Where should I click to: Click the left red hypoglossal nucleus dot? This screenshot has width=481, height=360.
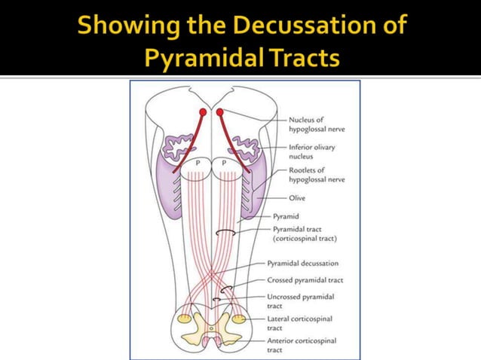[203, 112]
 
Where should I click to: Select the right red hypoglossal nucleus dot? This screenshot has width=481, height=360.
[219, 112]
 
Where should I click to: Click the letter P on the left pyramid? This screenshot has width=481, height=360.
[198, 163]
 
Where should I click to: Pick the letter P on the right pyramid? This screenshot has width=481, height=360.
[224, 163]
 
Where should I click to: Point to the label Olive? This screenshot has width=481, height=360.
[297, 198]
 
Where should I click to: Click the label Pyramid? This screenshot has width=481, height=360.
[286, 217]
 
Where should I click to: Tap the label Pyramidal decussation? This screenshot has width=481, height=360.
[303, 264]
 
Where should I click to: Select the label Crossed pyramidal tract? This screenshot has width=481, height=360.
[305, 280]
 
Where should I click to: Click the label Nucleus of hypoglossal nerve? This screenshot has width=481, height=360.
[317, 124]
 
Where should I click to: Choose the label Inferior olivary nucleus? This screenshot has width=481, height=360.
[312, 151]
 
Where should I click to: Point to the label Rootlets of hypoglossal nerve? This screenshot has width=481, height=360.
[317, 175]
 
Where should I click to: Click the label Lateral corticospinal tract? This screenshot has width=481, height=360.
[300, 323]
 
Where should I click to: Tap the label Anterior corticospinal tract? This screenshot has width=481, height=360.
[302, 345]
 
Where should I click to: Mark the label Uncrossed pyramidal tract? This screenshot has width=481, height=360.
[301, 301]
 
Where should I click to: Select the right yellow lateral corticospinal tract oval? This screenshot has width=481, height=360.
[239, 319]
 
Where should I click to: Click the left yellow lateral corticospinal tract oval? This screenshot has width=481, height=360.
[185, 319]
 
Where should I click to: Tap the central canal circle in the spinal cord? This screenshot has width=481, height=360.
[211, 329]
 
